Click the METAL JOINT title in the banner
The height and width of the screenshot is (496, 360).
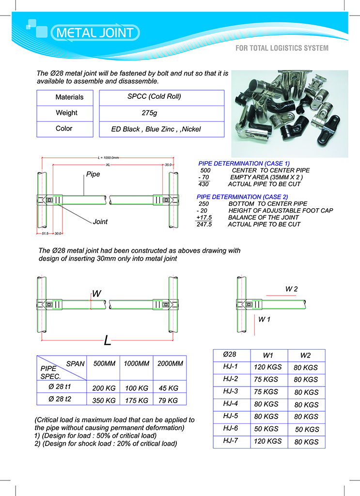[x=95, y=33]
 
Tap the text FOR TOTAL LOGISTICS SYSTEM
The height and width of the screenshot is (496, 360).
[x=282, y=48]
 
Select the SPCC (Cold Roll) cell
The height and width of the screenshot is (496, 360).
[x=154, y=96]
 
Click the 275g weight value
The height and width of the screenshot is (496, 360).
[x=150, y=113]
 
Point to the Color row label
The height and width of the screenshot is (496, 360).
[x=64, y=129]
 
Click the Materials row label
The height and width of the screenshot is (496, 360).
[x=69, y=97]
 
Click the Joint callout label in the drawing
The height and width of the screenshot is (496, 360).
[x=100, y=222]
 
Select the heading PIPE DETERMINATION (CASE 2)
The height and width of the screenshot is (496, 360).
[x=242, y=197]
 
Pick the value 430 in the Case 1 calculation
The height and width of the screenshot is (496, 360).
[x=203, y=184]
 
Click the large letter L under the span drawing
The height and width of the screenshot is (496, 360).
[x=108, y=341]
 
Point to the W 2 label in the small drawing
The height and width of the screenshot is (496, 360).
[x=291, y=289]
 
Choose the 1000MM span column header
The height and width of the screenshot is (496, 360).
[x=135, y=363]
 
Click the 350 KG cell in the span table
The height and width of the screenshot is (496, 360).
[x=104, y=401]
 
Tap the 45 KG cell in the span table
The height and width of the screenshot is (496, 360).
[x=169, y=388]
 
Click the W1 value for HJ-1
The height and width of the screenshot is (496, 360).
[x=267, y=367]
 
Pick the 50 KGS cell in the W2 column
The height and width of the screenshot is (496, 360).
[x=307, y=430]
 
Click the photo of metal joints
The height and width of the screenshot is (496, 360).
[x=289, y=113]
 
